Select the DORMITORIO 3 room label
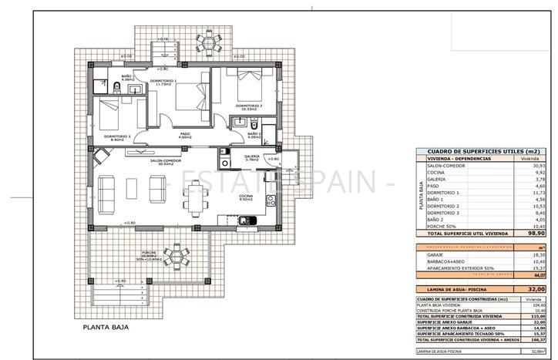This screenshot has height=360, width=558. [117, 137]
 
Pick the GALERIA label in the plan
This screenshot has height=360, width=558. [252, 156]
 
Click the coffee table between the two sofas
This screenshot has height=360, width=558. [133, 187]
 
